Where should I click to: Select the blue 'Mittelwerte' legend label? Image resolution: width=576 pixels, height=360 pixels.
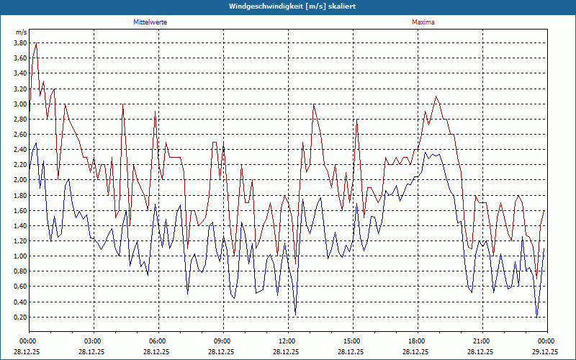(150, 22)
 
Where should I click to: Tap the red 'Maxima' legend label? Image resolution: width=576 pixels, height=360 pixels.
(423, 22)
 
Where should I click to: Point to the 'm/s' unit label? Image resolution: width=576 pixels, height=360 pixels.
(21, 32)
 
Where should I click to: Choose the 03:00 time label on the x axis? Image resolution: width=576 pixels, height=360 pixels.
(93, 341)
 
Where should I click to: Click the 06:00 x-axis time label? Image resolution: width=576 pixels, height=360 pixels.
(158, 341)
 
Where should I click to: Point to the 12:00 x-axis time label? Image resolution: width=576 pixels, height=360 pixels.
(287, 341)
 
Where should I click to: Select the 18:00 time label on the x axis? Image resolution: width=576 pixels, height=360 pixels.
(417, 341)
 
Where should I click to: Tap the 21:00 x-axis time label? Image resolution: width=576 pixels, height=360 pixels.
(482, 341)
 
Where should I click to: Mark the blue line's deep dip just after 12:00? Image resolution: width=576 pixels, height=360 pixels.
(295, 314)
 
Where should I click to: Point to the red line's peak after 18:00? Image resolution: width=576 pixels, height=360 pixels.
(436, 96)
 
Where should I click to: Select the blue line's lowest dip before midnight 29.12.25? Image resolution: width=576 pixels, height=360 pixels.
(537, 317)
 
